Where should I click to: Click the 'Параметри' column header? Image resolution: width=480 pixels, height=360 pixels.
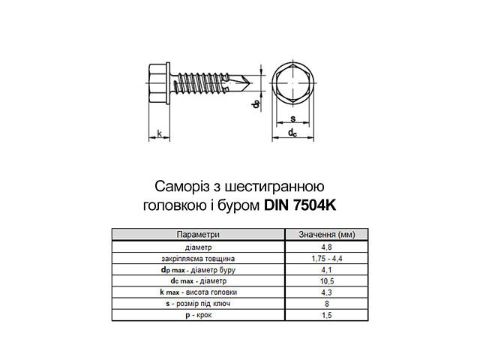pos(198,233)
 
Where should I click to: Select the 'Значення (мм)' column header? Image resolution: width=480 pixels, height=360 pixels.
pos(325,233)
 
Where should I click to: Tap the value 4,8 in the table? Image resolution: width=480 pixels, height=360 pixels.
pos(325,247)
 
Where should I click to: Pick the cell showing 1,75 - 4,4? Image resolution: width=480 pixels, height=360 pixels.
pos(325,258)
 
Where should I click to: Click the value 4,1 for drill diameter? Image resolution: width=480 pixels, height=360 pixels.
pos(325,269)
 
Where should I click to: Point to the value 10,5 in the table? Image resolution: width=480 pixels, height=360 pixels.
pos(325,280)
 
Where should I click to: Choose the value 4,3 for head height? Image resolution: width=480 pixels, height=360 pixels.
pos(325,292)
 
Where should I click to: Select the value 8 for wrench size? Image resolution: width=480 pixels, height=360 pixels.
pos(325,303)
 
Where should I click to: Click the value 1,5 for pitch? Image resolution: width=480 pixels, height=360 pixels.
pos(325,314)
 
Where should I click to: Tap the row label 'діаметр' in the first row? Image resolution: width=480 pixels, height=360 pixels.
pos(198,247)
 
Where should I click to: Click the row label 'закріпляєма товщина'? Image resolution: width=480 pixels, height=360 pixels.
pos(198,258)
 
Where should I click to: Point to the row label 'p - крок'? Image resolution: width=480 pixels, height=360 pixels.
pos(198,314)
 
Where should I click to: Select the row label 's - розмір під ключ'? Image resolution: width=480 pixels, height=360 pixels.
pos(198,303)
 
